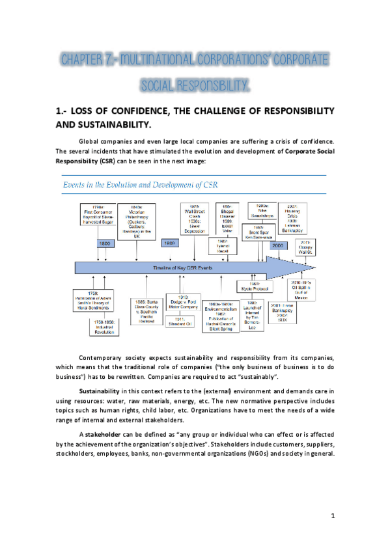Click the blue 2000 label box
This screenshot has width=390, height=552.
[278, 246]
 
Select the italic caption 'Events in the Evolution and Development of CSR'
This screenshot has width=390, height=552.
[140, 184]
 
